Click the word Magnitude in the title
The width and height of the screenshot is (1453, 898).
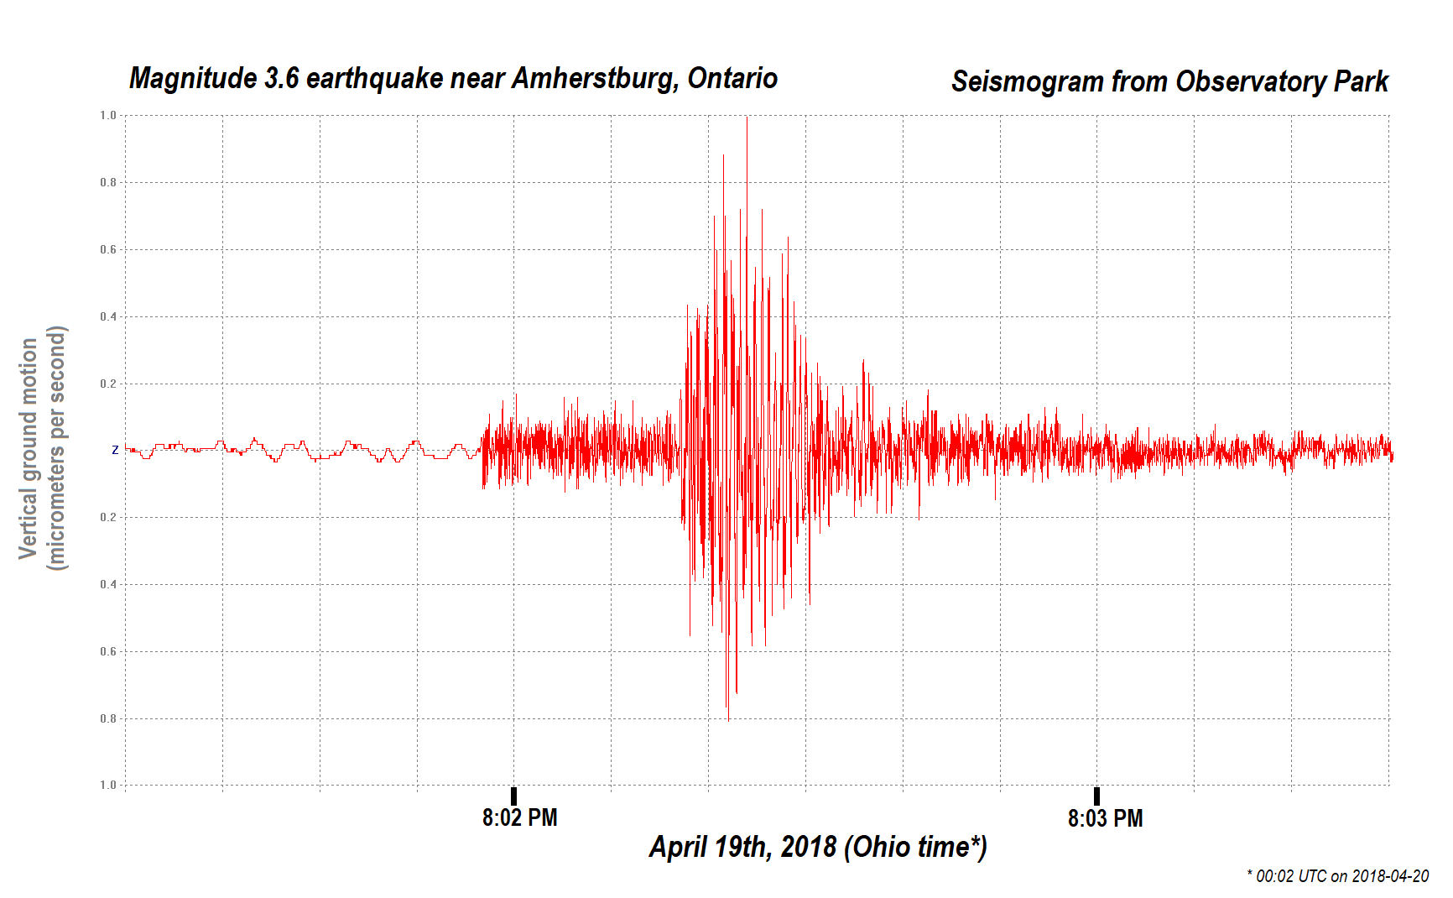click(193, 79)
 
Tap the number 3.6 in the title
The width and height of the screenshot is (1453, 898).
click(282, 79)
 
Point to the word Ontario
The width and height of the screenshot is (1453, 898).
click(732, 79)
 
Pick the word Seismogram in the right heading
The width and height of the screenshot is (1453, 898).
click(1028, 82)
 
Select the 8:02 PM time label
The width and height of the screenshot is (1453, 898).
click(519, 817)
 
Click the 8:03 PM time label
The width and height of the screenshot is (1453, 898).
click(1105, 818)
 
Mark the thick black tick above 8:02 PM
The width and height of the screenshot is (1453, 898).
click(513, 796)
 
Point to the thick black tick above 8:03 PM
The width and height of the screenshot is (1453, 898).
click(1096, 796)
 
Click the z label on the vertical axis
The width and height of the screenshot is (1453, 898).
click(115, 451)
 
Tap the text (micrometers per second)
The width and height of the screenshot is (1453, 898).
click(56, 448)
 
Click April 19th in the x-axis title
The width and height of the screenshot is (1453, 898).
click(710, 847)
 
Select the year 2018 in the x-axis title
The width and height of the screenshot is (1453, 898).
click(808, 847)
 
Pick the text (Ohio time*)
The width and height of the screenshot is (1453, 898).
click(915, 847)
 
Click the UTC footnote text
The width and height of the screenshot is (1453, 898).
click(1338, 876)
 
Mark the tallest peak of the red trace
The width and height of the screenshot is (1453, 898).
click(747, 119)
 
